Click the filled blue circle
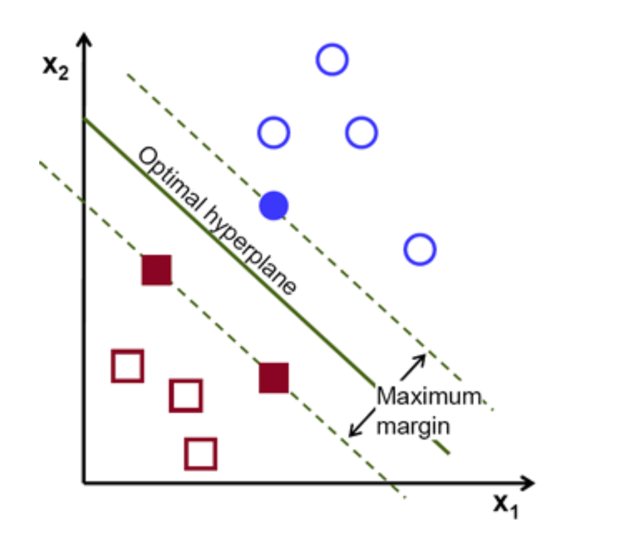click(x=273, y=206)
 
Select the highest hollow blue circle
click(x=331, y=60)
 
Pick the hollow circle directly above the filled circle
click(x=273, y=133)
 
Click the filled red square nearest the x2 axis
click(x=157, y=270)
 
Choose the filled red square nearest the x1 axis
click(x=274, y=378)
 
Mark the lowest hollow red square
click(x=200, y=454)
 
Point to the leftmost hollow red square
click(x=127, y=365)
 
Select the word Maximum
click(x=427, y=397)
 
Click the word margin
click(x=412, y=425)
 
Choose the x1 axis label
click(x=506, y=505)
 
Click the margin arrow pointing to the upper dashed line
click(x=414, y=364)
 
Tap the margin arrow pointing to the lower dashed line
click(x=360, y=426)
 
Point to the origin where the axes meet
click(x=84, y=482)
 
